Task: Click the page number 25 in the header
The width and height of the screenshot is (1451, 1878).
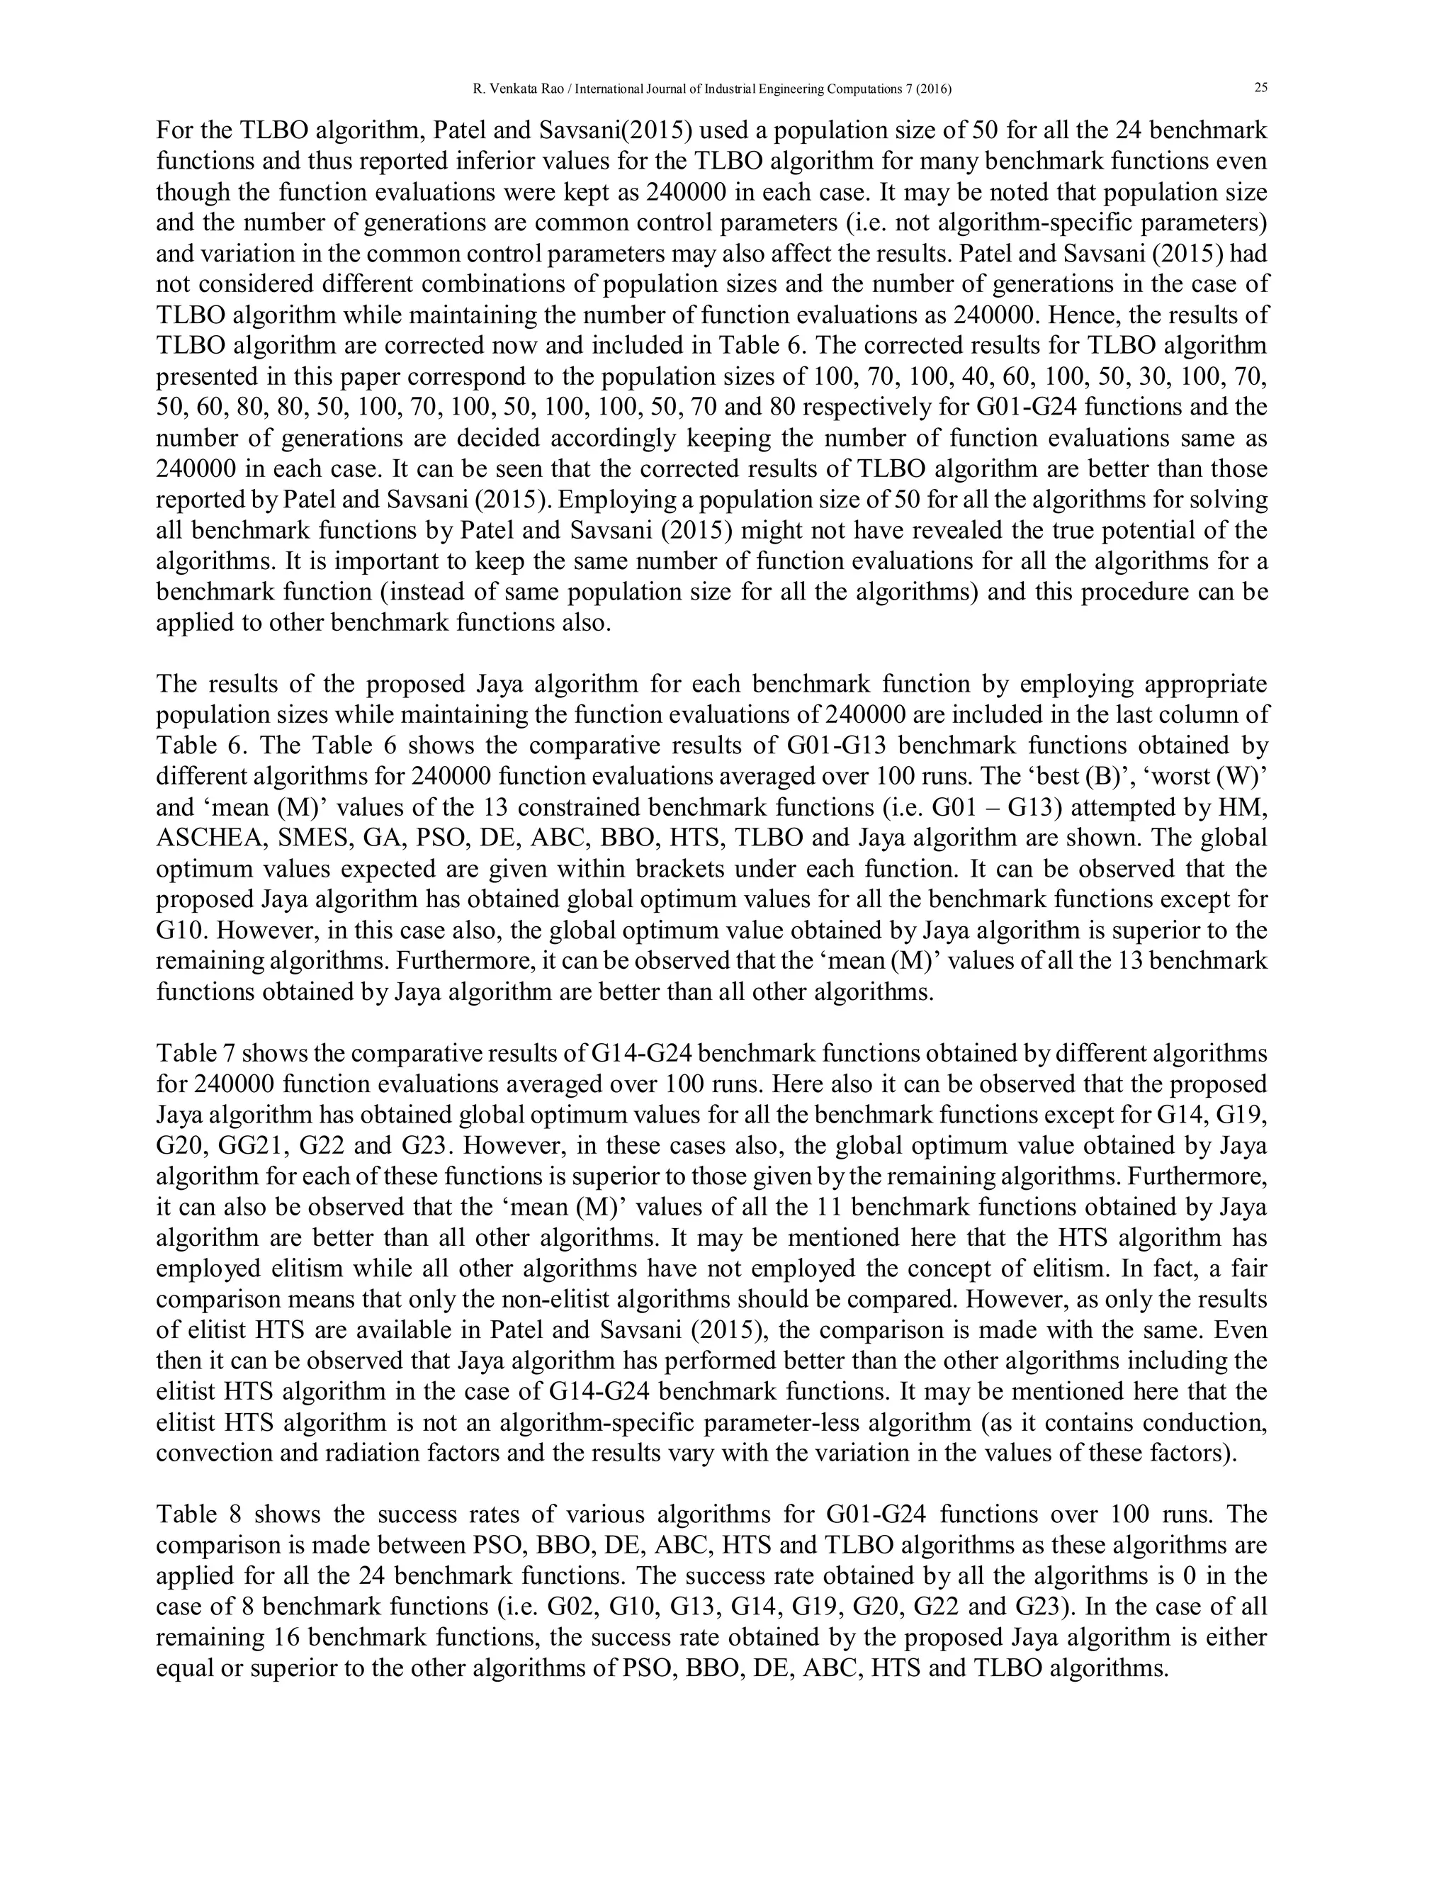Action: [x=1261, y=88]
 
